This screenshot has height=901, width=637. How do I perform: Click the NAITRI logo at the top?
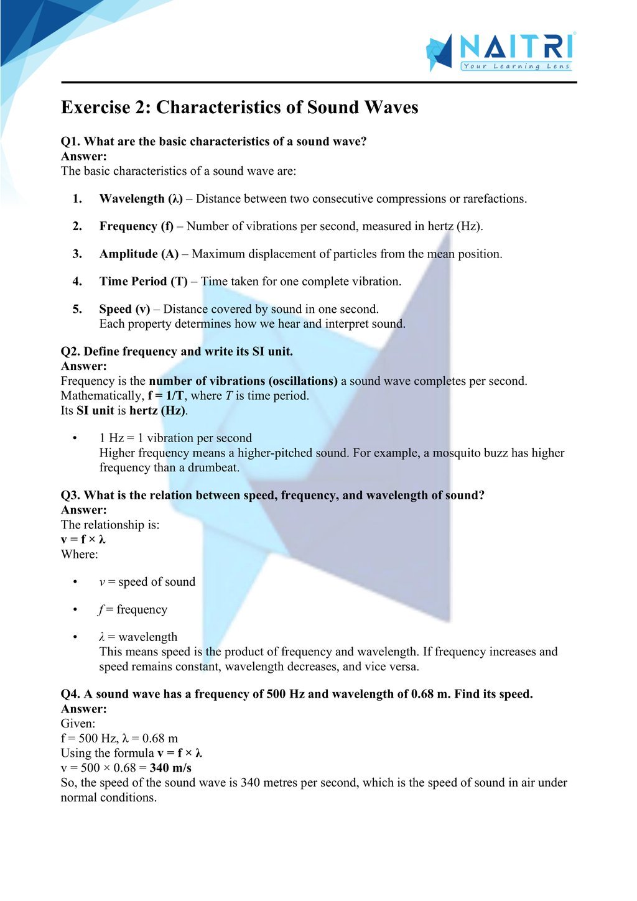500,52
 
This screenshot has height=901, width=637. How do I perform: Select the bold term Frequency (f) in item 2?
136,226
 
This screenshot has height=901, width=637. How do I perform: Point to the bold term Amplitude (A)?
139,254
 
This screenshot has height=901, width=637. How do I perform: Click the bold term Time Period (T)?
143,282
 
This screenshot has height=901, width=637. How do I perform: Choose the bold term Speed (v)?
124,309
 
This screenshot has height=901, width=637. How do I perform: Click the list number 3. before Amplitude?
77,254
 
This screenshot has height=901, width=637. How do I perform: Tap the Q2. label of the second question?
70,351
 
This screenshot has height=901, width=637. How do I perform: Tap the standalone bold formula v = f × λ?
83,540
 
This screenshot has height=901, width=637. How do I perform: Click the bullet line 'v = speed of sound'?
147,582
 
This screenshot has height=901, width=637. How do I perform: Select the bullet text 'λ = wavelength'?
138,637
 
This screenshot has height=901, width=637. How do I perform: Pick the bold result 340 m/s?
170,768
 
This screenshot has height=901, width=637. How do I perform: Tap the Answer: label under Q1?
83,157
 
